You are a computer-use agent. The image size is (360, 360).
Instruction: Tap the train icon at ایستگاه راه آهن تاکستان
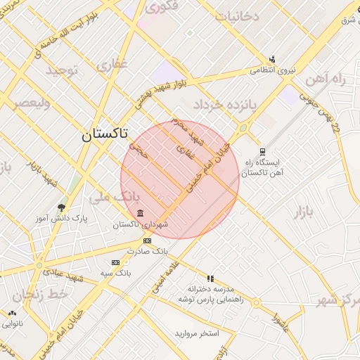(x=262, y=150)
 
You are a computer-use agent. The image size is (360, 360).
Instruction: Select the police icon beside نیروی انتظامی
(x=272, y=59)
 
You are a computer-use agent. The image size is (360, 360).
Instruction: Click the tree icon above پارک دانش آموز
(x=62, y=207)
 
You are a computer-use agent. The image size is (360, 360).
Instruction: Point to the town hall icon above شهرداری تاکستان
(x=141, y=213)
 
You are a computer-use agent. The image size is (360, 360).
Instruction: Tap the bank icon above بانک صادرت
(x=147, y=240)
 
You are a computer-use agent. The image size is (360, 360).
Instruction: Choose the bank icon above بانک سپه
(x=116, y=262)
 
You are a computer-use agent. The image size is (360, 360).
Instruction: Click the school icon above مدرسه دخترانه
(x=210, y=278)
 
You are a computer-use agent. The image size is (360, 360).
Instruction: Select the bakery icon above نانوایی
(x=12, y=314)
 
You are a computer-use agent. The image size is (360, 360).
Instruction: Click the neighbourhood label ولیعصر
(x=30, y=105)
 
